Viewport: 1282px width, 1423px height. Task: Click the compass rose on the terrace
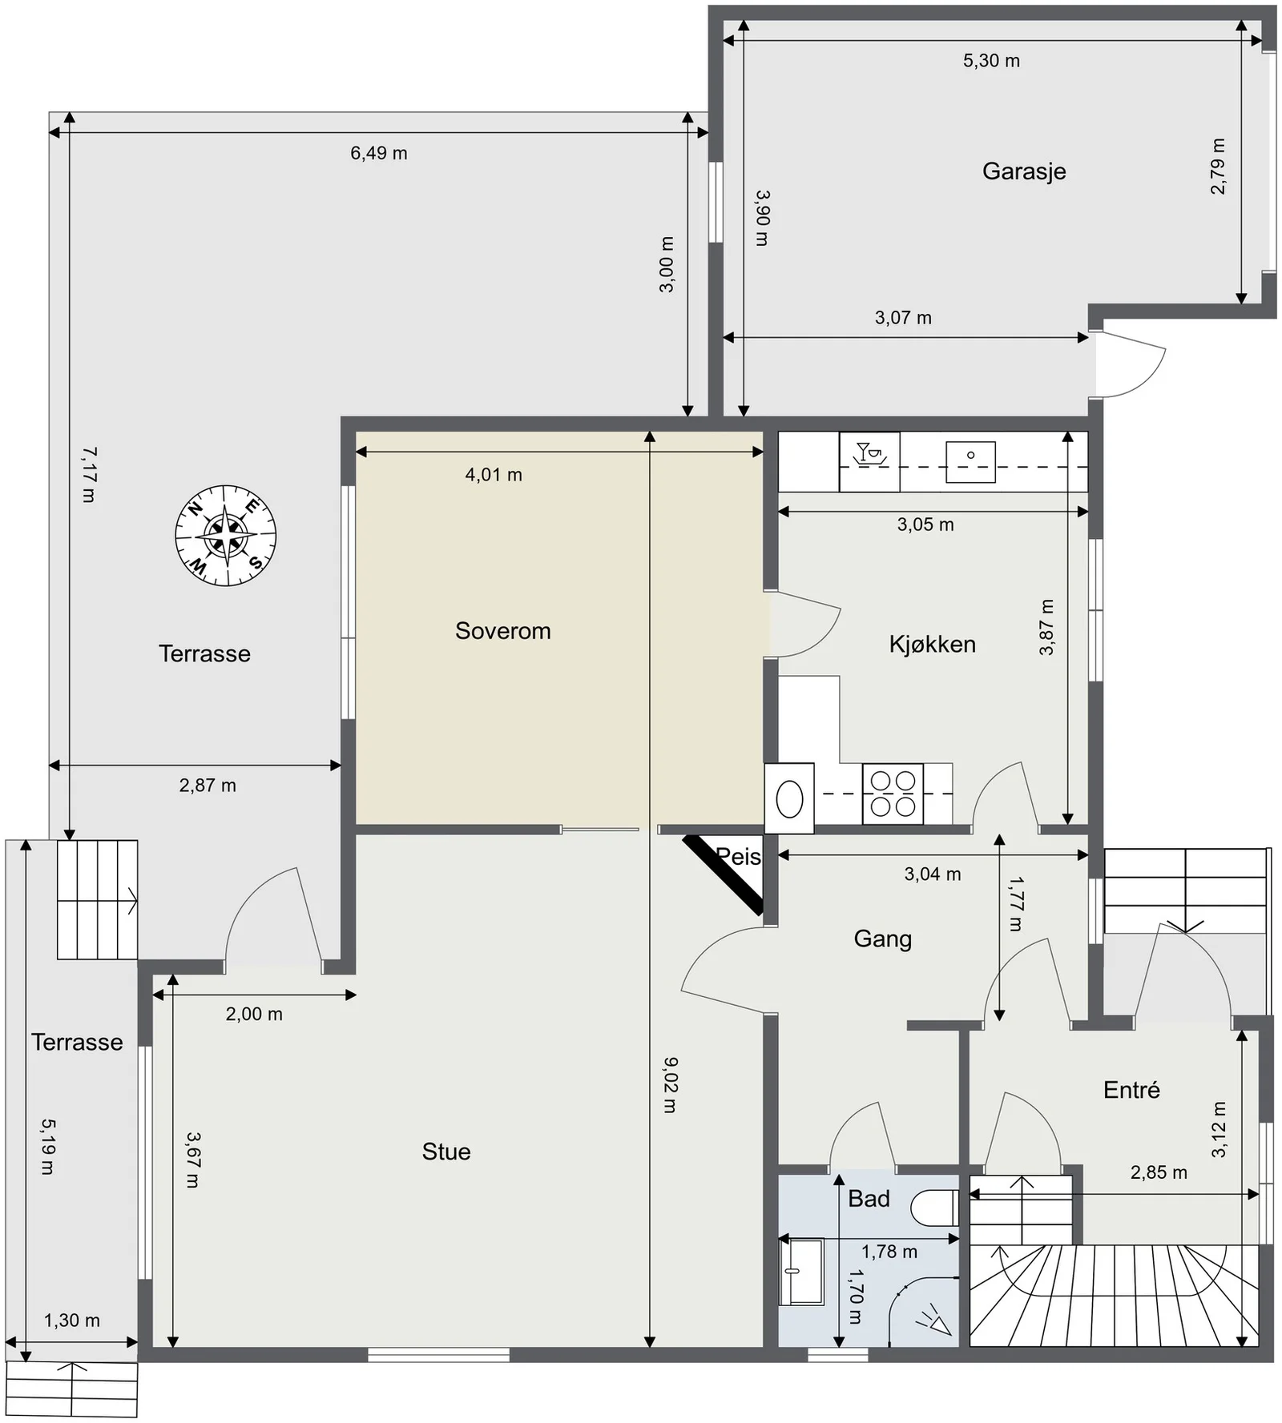point(226,536)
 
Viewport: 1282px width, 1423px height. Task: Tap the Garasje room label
point(1024,171)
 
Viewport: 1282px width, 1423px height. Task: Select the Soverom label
point(503,631)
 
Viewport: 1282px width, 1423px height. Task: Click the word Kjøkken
point(933,645)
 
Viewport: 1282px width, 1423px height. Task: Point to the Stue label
point(446,1152)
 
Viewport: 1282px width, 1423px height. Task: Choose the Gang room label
point(883,939)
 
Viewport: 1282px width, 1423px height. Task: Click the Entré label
point(1131,1089)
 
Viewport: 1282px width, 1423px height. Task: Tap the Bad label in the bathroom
point(869,1199)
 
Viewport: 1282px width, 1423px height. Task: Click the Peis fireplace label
point(738,857)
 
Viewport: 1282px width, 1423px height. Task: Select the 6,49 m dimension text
point(379,153)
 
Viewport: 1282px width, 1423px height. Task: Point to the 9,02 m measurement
point(671,1085)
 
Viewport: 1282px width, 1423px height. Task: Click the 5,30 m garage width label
point(991,61)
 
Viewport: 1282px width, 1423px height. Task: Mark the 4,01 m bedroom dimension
point(494,475)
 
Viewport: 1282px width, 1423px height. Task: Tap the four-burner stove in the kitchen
point(893,794)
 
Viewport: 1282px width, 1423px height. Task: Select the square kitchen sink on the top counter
point(970,461)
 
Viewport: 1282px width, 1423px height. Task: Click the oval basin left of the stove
point(789,798)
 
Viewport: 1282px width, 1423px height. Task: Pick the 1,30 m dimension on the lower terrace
point(72,1320)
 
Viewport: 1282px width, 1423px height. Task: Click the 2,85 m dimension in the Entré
point(1159,1172)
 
